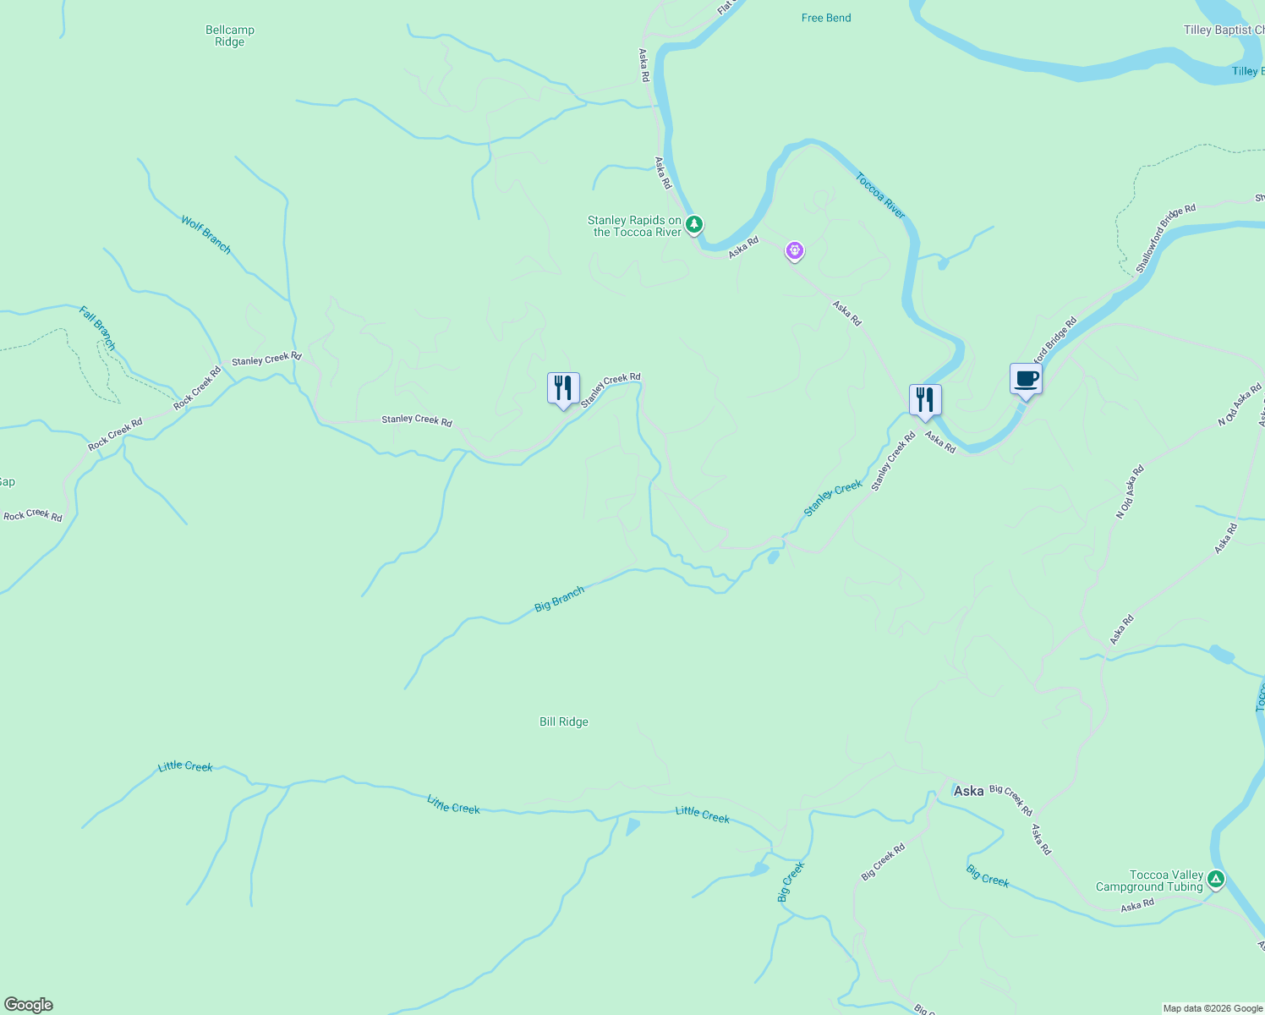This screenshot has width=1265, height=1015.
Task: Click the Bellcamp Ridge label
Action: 229,36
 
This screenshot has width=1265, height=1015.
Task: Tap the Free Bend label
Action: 826,18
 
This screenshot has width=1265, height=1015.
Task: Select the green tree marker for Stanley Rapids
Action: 694,224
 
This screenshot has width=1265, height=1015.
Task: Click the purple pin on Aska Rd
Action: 794,250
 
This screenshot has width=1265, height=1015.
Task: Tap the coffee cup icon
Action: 1026,379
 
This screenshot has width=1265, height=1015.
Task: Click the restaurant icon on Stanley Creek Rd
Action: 563,389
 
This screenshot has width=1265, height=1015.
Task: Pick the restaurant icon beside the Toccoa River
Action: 925,399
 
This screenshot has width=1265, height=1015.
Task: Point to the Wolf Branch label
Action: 205,234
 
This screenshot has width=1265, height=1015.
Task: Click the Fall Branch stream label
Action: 97,328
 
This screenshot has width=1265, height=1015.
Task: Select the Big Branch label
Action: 559,599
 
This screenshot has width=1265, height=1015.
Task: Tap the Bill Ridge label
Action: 564,721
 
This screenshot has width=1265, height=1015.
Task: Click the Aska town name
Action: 968,791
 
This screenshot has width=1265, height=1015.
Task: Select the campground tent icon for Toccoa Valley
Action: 1216,880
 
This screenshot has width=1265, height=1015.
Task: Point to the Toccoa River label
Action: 880,196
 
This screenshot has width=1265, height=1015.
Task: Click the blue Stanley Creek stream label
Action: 833,498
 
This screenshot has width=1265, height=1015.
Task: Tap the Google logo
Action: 29,1005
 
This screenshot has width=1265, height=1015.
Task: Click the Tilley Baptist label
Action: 1223,30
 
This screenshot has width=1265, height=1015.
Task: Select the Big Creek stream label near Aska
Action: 988,875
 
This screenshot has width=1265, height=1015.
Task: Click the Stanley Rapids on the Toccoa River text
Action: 635,226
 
